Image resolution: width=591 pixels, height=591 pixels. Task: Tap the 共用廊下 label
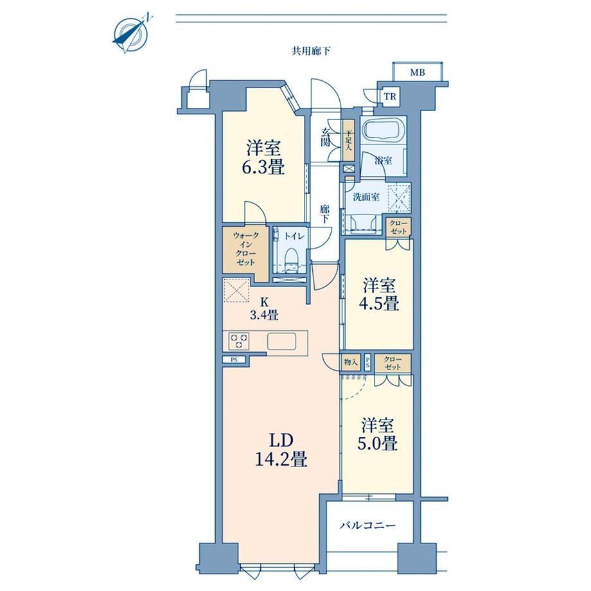coord(311,51)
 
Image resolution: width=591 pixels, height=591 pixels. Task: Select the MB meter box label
coord(418,72)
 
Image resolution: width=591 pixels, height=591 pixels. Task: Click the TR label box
coord(390,96)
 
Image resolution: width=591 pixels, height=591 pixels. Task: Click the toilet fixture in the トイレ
coord(290,259)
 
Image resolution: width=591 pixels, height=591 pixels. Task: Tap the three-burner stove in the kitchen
coord(239,341)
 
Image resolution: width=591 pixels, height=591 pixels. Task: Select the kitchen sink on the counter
coord(281,342)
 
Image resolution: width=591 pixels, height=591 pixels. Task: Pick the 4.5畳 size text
coord(379,303)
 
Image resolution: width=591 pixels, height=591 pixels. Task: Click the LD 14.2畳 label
coord(281,451)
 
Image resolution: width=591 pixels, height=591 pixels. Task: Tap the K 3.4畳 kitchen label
coord(264,308)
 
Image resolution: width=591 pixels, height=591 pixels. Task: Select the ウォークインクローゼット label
coord(246,249)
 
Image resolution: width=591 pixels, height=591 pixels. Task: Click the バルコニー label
coord(367,525)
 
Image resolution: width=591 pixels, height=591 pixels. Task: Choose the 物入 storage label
coord(351,362)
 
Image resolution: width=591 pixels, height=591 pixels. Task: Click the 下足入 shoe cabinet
coord(349,141)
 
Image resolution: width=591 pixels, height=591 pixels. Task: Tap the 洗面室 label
coord(366,197)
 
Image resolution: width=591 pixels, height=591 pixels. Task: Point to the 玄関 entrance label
coord(326,137)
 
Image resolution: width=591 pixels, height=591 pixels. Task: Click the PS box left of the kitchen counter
coord(234,360)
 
